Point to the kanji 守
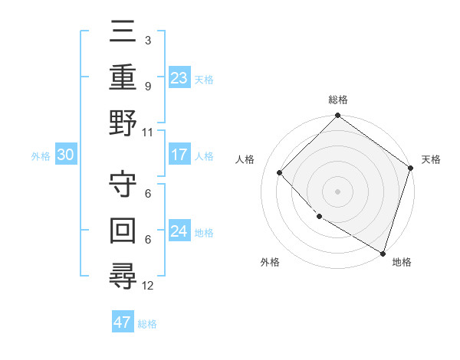pyautogui.click(x=123, y=184)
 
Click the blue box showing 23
pyautogui.click(x=179, y=77)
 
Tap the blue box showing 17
pyautogui.click(x=179, y=155)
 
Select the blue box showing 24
pyautogui.click(x=179, y=231)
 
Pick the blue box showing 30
pyautogui.click(x=65, y=155)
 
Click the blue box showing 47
pyautogui.click(x=122, y=322)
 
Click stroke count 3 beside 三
pyautogui.click(x=148, y=40)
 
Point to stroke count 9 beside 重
pyautogui.click(x=148, y=86)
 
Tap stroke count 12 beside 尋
pyautogui.click(x=148, y=286)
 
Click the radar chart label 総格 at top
pyautogui.click(x=338, y=100)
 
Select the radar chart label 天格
pyautogui.click(x=431, y=159)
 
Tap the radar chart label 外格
pyautogui.click(x=270, y=262)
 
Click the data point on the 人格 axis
pyautogui.click(x=280, y=172)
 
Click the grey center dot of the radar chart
pyautogui.click(x=338, y=191)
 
